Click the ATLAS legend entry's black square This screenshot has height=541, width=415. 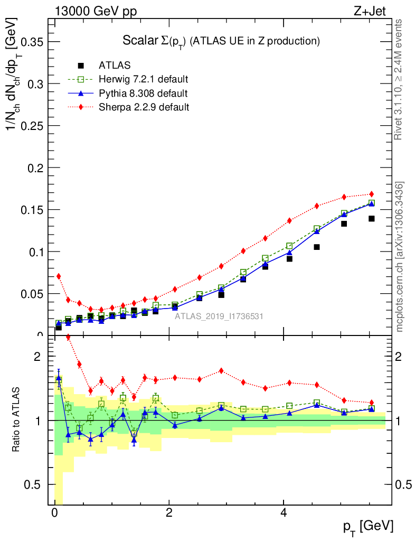point(81,66)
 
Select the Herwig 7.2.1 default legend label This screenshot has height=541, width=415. point(144,79)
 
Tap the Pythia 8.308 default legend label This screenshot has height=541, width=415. point(143,94)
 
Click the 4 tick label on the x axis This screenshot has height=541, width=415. point(284,513)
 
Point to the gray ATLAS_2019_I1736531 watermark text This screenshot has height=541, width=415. point(219,316)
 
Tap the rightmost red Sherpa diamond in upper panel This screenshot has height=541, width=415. point(371,194)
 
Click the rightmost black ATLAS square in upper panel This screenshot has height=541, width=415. point(371,219)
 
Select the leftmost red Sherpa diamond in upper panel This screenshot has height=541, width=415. point(59,276)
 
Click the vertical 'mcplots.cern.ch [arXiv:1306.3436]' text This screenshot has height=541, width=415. point(400,257)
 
